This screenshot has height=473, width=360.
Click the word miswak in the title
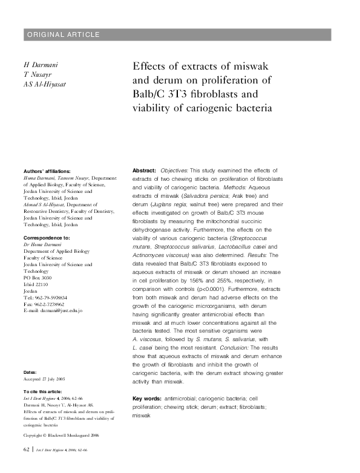pyautogui.click(x=255, y=65)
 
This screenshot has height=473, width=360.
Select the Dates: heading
pyautogui.click(x=31, y=370)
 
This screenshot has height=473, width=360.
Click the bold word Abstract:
pyautogui.click(x=145, y=172)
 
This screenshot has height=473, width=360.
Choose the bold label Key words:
pyautogui.click(x=147, y=399)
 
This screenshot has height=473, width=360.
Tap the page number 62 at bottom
pyautogui.click(x=26, y=451)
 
